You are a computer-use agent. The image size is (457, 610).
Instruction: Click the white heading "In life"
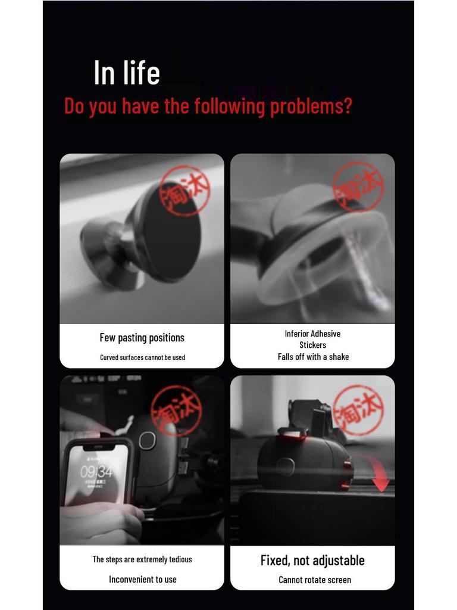(127, 72)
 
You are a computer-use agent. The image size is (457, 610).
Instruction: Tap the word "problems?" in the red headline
(311, 106)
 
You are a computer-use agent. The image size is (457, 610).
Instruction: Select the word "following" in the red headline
(229, 106)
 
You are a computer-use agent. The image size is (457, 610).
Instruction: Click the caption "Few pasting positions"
(142, 338)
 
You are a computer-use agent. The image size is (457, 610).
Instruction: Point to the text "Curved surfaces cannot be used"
(142, 357)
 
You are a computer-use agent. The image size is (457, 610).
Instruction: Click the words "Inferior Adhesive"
(312, 334)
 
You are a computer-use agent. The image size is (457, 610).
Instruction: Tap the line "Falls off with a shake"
(313, 357)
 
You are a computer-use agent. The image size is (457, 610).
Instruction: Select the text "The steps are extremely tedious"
(142, 559)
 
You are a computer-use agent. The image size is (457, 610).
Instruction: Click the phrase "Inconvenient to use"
(143, 579)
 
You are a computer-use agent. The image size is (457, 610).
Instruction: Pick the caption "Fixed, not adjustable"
(312, 561)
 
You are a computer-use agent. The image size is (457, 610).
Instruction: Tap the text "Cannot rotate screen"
(315, 580)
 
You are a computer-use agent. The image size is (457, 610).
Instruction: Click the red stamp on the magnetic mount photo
(184, 190)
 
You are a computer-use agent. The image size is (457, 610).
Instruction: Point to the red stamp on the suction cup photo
(358, 186)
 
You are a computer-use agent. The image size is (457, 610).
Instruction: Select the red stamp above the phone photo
(176, 410)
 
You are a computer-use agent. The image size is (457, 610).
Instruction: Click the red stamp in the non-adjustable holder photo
(359, 410)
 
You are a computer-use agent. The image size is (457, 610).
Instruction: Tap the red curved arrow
(376, 474)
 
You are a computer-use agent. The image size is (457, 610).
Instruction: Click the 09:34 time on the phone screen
(96, 472)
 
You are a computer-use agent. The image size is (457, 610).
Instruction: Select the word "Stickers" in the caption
(313, 345)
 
